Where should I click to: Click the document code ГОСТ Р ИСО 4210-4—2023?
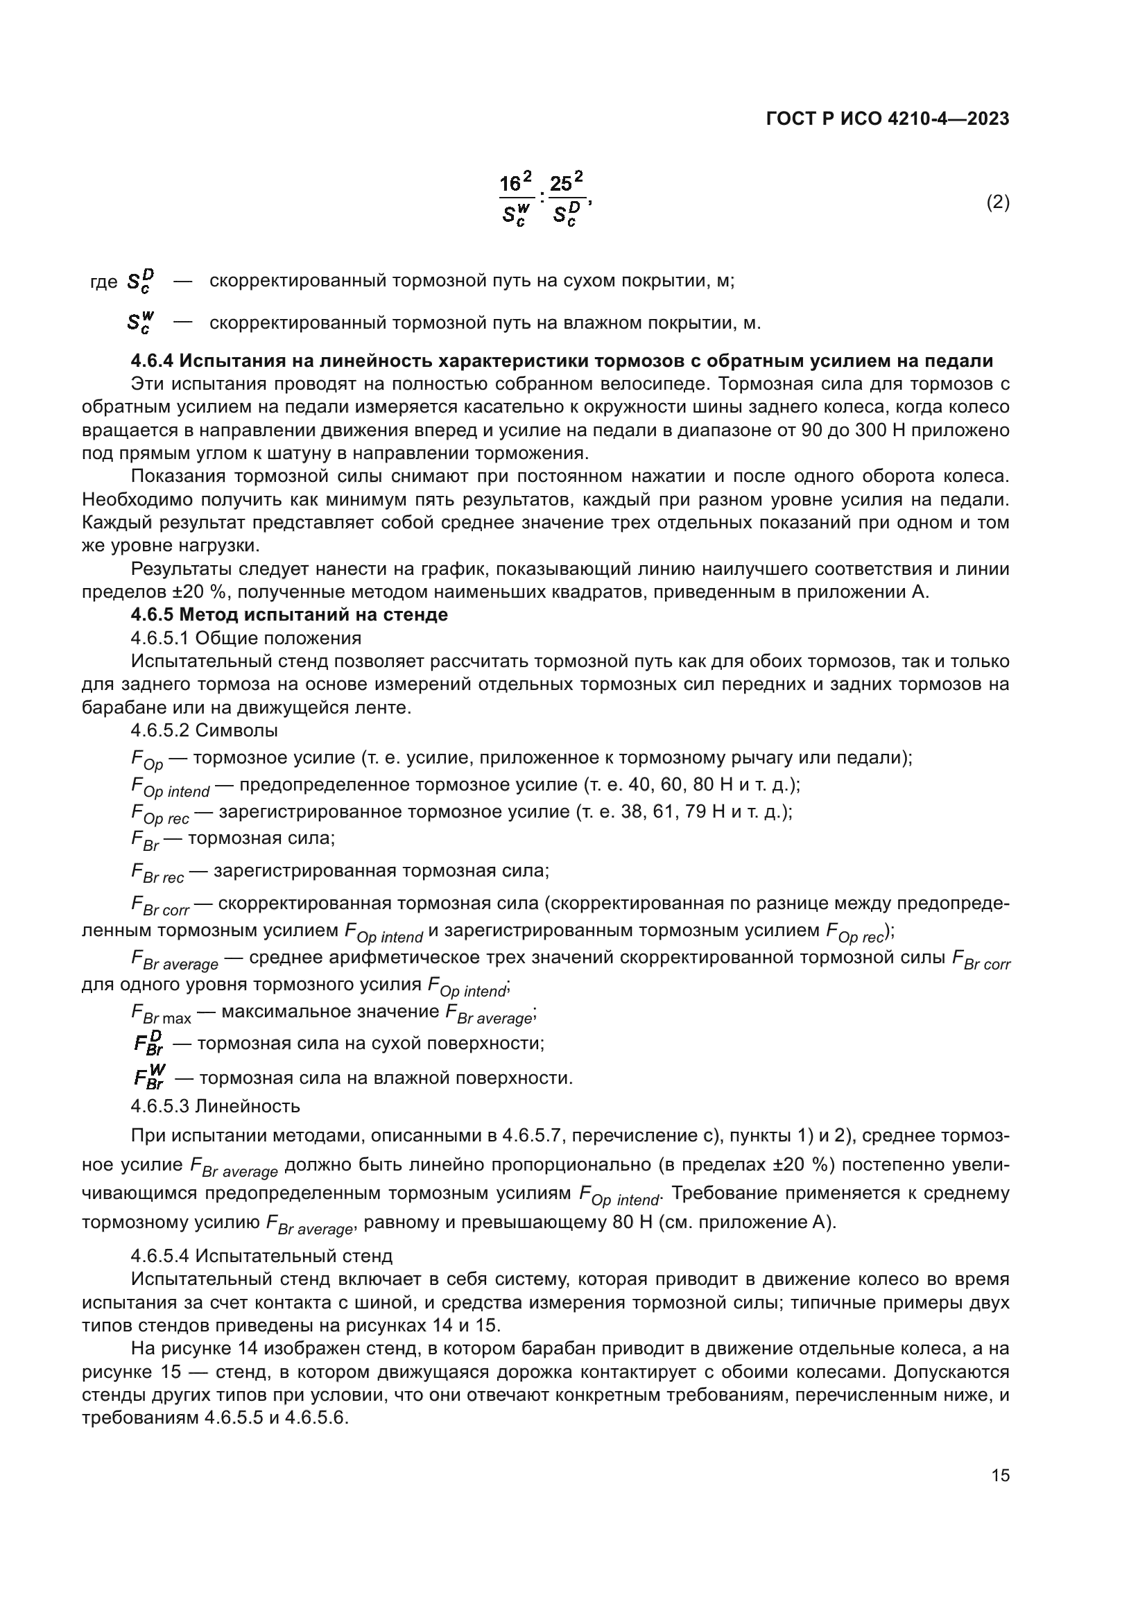887,119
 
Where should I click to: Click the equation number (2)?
997,202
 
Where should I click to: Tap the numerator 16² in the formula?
515,183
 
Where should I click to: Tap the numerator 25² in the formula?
567,183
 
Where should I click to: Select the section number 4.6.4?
152,361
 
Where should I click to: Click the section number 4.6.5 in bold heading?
152,614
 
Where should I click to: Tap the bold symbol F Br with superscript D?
148,1044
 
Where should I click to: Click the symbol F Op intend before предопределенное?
170,786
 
